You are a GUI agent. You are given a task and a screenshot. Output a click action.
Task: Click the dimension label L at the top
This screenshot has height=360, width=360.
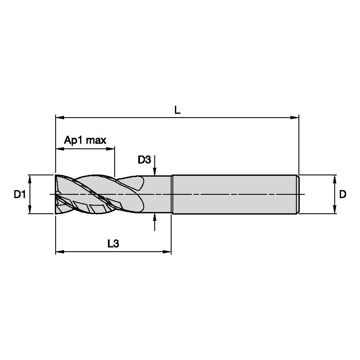tap(177, 110)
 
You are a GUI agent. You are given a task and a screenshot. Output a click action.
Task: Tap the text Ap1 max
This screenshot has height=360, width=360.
tap(85, 140)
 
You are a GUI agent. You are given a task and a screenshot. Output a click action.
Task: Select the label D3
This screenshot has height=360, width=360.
tap(144, 160)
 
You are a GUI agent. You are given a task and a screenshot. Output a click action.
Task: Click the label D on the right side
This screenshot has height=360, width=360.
tap(343, 194)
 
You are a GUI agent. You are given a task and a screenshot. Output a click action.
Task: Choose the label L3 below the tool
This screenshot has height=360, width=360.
tap(113, 243)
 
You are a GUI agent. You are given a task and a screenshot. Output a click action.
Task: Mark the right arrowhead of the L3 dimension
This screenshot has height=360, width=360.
tap(168, 252)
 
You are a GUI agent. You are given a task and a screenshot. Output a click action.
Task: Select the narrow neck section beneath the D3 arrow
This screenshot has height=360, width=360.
tap(158, 194)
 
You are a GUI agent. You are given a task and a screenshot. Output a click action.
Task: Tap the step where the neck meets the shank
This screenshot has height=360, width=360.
tap(172, 194)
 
